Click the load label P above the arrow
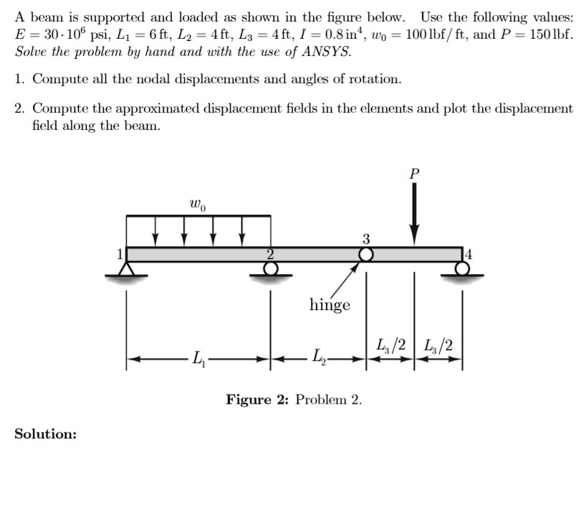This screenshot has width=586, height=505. (413, 174)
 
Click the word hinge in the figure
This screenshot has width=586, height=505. (330, 305)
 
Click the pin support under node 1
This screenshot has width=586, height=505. (128, 270)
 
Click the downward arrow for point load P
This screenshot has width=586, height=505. (413, 215)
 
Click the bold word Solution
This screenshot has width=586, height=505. (46, 434)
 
